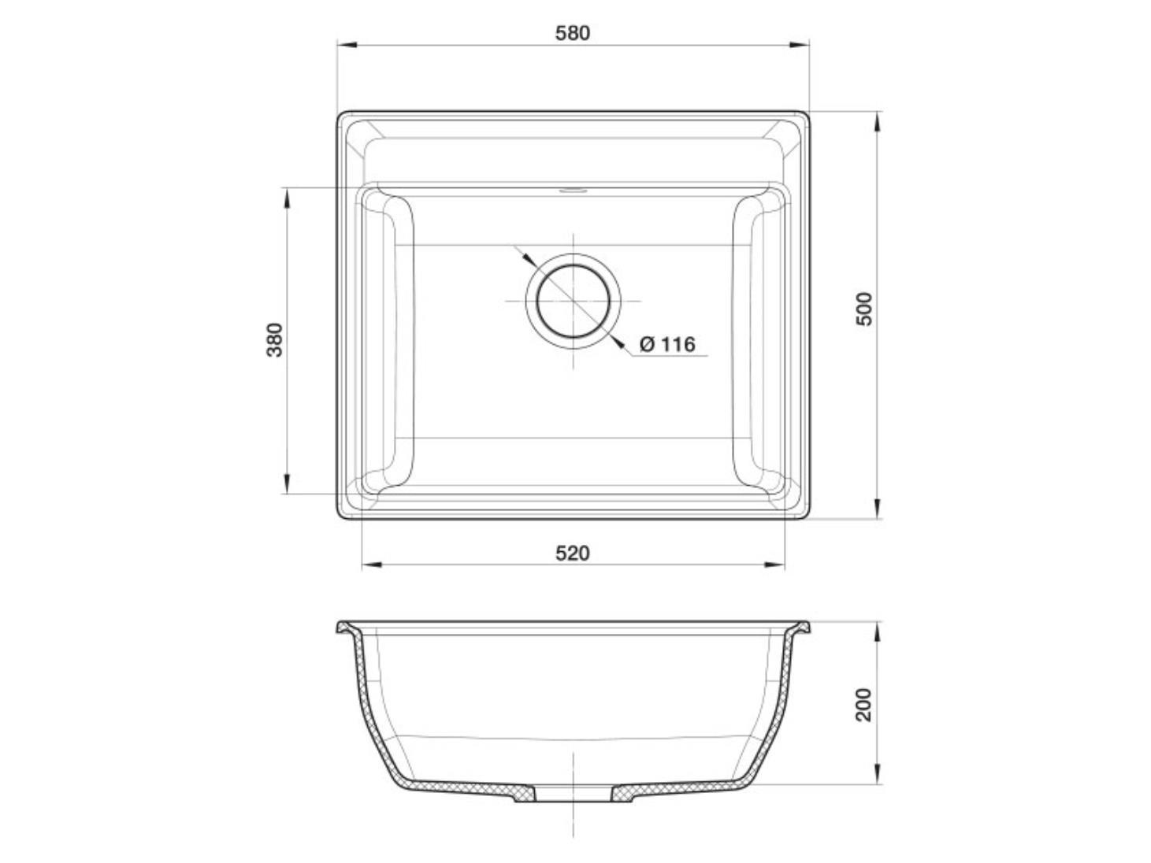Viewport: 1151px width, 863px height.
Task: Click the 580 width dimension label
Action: coord(572,33)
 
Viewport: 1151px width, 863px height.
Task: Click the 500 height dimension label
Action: coord(864,309)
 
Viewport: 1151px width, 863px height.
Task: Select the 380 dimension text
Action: coord(274,340)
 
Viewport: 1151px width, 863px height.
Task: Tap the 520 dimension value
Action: coord(572,553)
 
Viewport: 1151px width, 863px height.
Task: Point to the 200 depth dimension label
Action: coord(864,705)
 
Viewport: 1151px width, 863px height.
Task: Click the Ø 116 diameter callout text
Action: coord(667,344)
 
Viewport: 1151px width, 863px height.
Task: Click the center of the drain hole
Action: coord(574,301)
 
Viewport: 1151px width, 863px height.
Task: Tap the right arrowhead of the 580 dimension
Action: coord(799,45)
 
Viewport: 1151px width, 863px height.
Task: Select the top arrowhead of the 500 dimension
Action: coord(878,121)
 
